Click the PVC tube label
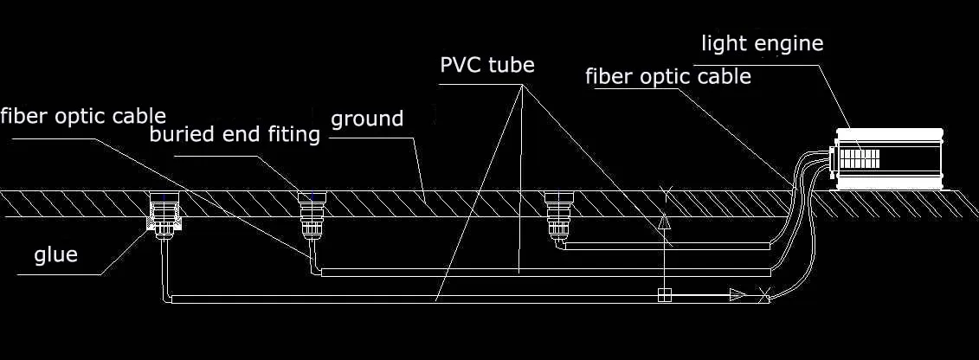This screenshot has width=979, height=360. point(487,66)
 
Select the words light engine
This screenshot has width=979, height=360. point(762,42)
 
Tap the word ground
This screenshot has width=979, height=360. point(367,119)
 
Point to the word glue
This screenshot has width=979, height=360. point(56,254)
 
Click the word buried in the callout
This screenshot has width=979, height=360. point(183,135)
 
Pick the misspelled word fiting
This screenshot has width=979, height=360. point(291,135)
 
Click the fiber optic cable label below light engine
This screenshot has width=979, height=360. point(668,76)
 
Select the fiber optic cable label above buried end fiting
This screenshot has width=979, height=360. point(83,116)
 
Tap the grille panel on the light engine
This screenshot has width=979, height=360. point(860,158)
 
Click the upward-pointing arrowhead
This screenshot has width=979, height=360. point(664,223)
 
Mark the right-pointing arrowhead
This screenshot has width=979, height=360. point(737,295)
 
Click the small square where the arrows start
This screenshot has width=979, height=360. point(664,295)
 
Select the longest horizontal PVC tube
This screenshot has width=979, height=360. point(415,299)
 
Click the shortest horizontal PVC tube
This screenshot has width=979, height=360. point(667,247)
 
